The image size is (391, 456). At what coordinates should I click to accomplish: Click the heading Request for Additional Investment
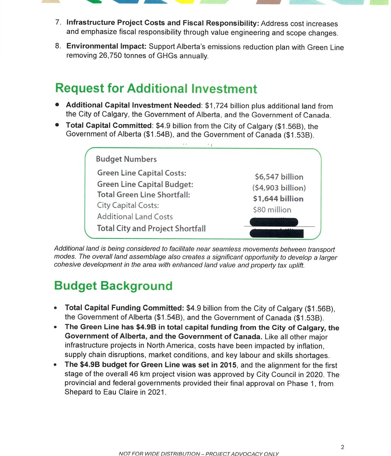pyautogui.click(x=156, y=88)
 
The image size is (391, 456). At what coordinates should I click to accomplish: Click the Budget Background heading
pyautogui.click(x=113, y=286)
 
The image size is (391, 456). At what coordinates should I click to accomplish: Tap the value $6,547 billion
pyautogui.click(x=279, y=177)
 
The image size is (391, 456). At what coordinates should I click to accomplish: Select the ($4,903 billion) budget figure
pyautogui.click(x=279, y=188)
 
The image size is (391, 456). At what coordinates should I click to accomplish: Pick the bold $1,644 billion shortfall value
pyautogui.click(x=278, y=199)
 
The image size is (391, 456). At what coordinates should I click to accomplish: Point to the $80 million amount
pyautogui.click(x=272, y=210)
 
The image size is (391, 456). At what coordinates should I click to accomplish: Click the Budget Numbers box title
pyautogui.click(x=126, y=159)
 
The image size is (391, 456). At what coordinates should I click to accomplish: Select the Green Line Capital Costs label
pyautogui.click(x=141, y=173)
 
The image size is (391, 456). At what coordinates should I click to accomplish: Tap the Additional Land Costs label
pyautogui.click(x=135, y=217)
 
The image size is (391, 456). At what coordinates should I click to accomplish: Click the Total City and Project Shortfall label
pyautogui.click(x=151, y=228)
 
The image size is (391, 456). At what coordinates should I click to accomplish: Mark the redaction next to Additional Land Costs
pyautogui.click(x=274, y=222)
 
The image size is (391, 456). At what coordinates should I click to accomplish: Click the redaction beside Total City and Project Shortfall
pyautogui.click(x=277, y=233)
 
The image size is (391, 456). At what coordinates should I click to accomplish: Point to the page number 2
pyautogui.click(x=342, y=447)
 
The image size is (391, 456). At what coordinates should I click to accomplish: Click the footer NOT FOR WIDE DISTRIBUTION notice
pyautogui.click(x=199, y=454)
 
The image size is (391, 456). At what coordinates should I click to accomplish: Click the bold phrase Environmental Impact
pyautogui.click(x=106, y=46)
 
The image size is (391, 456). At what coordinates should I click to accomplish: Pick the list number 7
pyautogui.click(x=58, y=22)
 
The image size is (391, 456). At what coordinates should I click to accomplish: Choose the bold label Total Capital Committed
pyautogui.click(x=109, y=126)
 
